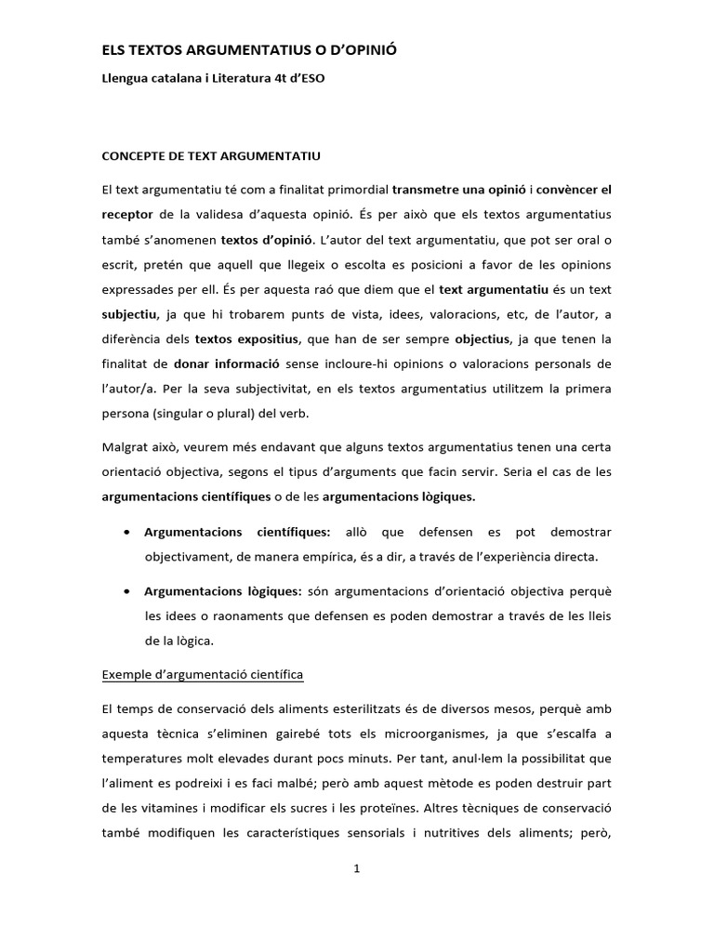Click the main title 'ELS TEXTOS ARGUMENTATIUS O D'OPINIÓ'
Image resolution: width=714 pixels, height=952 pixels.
tap(249, 47)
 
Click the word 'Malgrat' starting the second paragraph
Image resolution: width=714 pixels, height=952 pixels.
tap(126, 447)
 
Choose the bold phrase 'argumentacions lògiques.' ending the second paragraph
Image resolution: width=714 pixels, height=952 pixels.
tap(399, 496)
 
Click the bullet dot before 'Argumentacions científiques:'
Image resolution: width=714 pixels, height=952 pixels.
tap(126, 533)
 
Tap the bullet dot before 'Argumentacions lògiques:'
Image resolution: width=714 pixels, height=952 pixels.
tap(126, 590)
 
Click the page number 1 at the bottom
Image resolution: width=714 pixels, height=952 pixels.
tap(357, 869)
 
